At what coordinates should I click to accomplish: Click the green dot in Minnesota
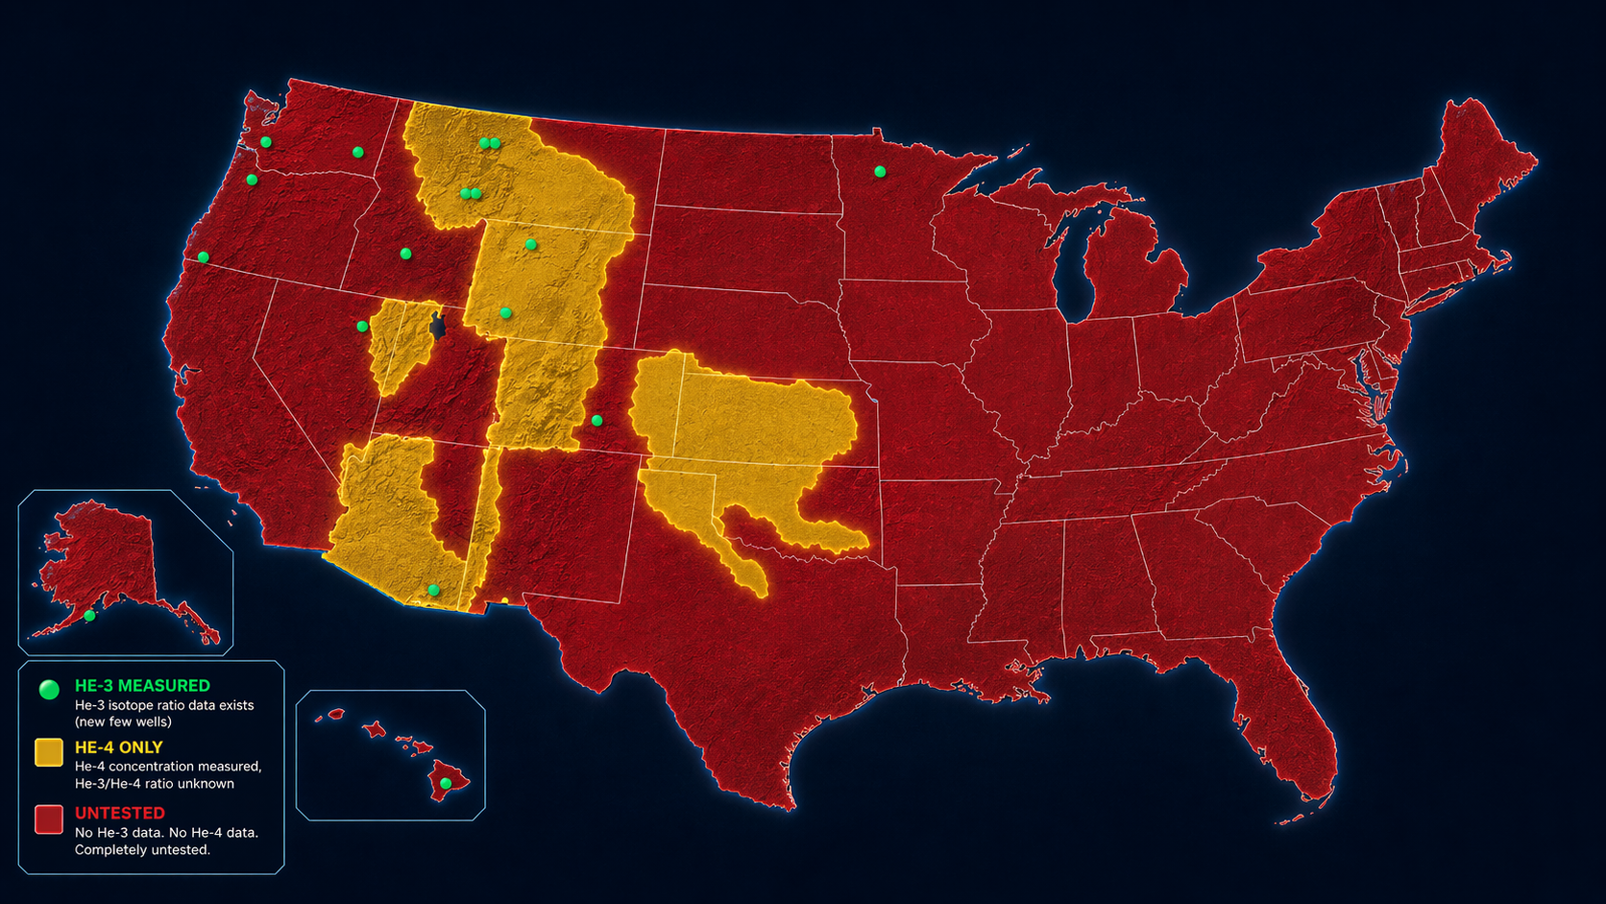880,172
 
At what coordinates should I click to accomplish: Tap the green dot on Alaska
89,616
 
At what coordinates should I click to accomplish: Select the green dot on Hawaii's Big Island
446,784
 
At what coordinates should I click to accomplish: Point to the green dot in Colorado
596,421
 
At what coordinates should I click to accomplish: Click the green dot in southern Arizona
433,590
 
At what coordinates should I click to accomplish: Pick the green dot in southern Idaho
405,254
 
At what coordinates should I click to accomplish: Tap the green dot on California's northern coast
204,257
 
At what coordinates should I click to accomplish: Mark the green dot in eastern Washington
357,153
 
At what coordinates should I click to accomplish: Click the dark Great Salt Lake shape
438,326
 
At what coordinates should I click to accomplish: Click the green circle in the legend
48,689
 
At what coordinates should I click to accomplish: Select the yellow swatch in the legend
49,752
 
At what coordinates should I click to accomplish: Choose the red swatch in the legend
49,818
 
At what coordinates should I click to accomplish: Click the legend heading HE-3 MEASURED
142,686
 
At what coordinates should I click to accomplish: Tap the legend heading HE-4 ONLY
119,747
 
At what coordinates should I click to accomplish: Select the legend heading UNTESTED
120,813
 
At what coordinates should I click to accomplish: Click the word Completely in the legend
109,850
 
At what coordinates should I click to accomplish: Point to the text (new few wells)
123,722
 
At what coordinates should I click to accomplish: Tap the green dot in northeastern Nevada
362,327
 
